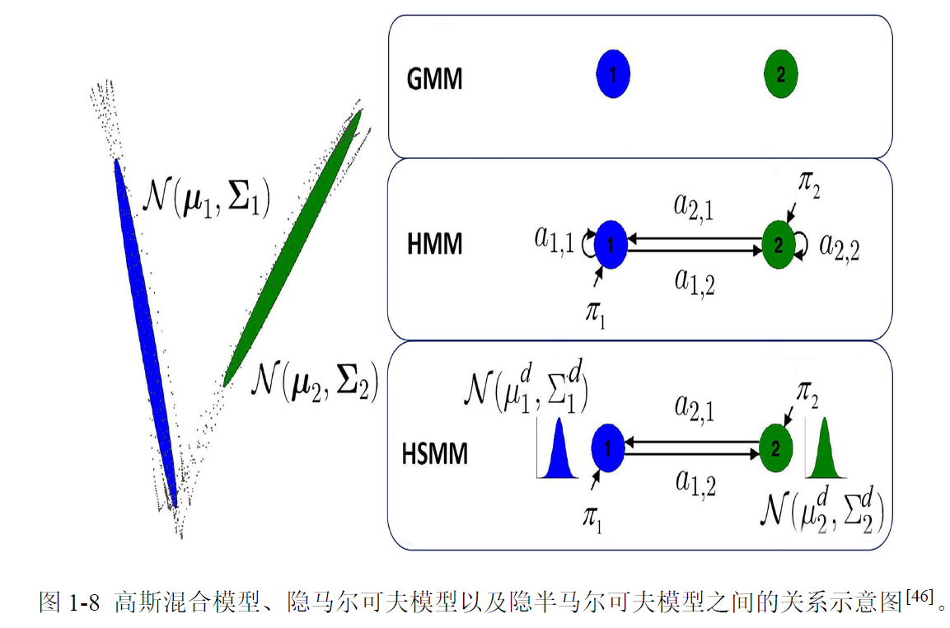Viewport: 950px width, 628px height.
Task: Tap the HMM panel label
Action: pyautogui.click(x=433, y=245)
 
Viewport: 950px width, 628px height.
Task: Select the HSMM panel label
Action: pyautogui.click(x=435, y=454)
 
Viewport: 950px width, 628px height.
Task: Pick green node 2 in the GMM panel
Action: pyautogui.click(x=780, y=75)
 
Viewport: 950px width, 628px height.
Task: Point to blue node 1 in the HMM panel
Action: pyautogui.click(x=611, y=244)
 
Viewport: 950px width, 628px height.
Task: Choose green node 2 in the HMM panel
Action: pyautogui.click(x=777, y=244)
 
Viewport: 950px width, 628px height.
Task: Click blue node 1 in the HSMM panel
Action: pyautogui.click(x=608, y=448)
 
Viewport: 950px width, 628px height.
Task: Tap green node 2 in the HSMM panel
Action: pyautogui.click(x=775, y=448)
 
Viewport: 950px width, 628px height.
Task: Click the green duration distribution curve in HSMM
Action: pyautogui.click(x=825, y=452)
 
